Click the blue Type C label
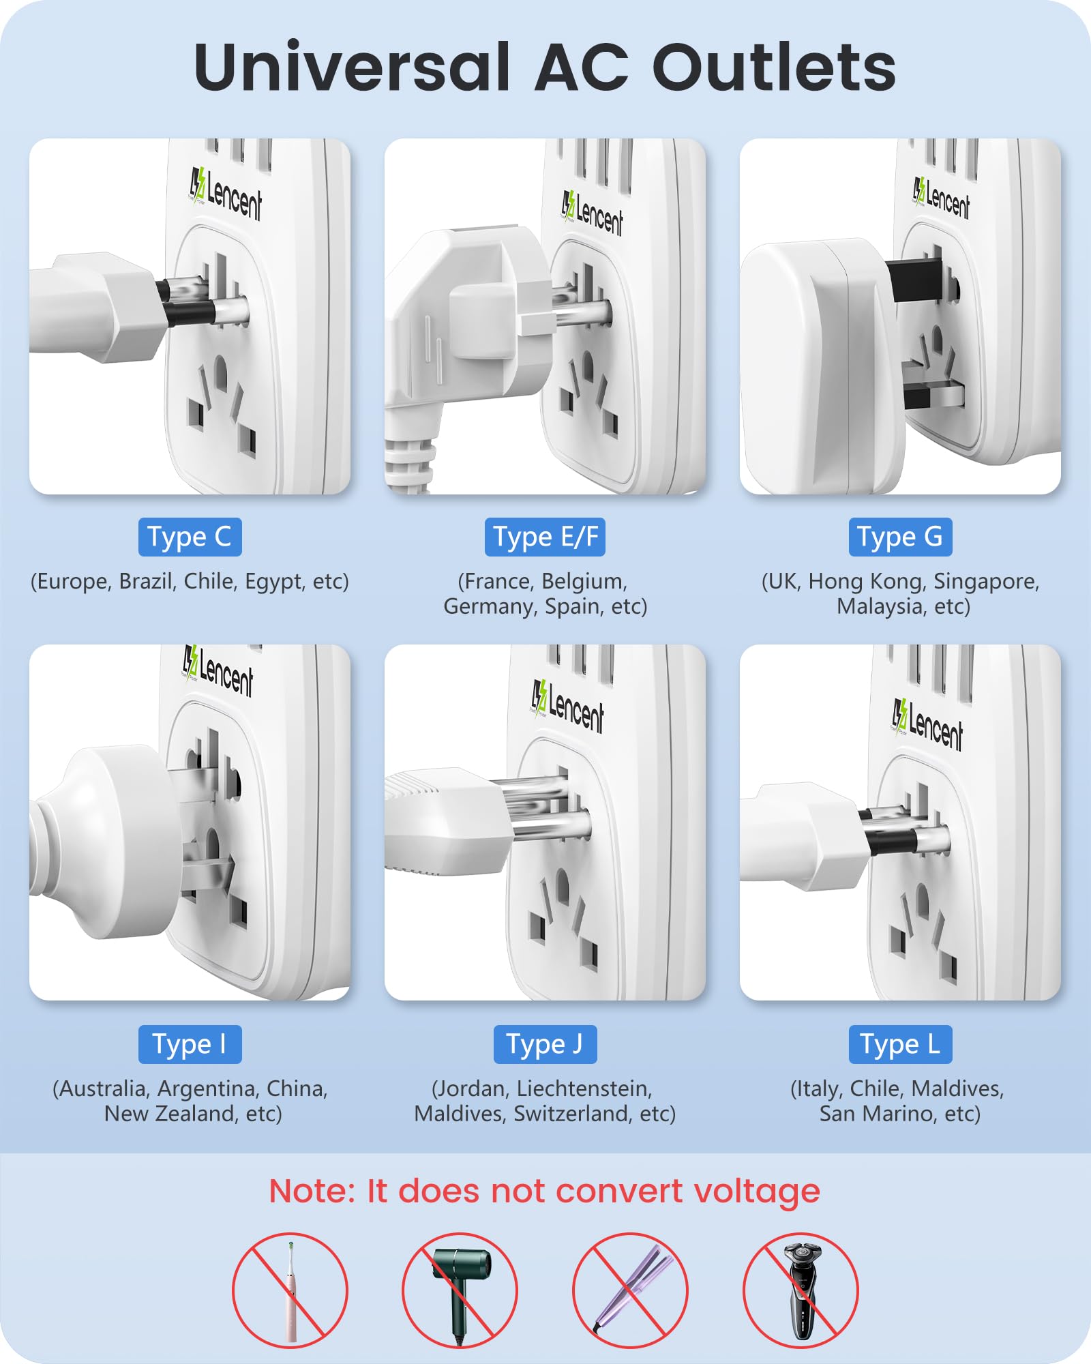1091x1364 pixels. pyautogui.click(x=190, y=537)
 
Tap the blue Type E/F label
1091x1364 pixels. pyautogui.click(x=545, y=537)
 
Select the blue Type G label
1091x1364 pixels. pyautogui.click(x=900, y=537)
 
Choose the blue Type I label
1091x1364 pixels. pyautogui.click(x=190, y=1044)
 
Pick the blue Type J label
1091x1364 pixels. pyautogui.click(x=545, y=1044)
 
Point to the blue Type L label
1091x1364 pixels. pyautogui.click(x=900, y=1044)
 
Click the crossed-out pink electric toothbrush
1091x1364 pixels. pyautogui.click(x=290, y=1290)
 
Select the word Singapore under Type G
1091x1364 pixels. pyautogui.click(x=986, y=581)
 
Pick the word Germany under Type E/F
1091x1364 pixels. pyautogui.click(x=489, y=606)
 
